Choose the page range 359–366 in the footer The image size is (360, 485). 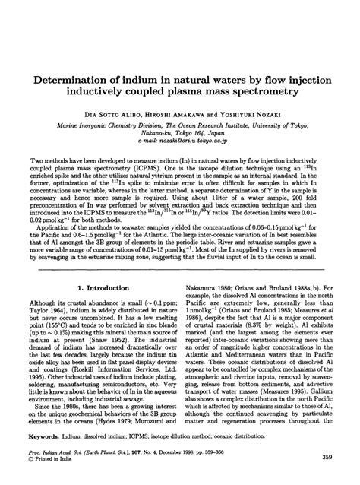coord(254,455)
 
